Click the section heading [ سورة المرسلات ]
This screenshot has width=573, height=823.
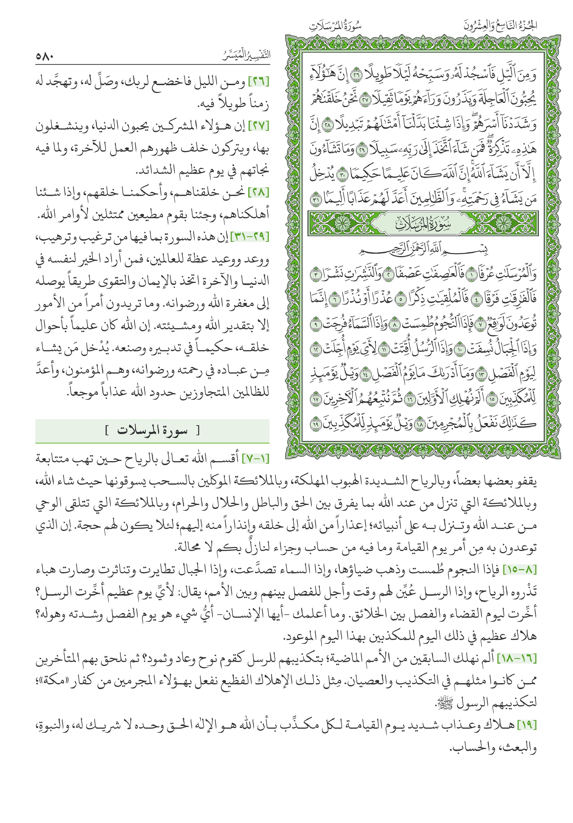(x=152, y=431)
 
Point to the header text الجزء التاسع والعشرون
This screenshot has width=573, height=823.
(x=500, y=26)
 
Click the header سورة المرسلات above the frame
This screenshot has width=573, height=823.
(x=335, y=26)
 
